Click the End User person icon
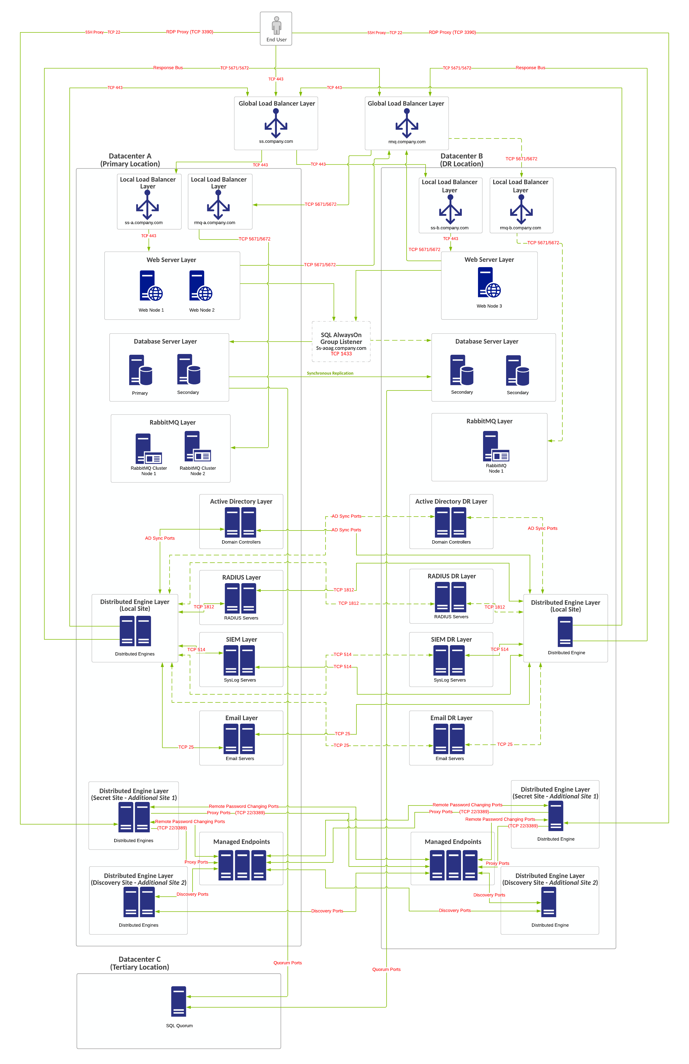point(276,26)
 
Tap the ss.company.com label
point(276,141)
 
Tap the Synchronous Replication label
point(330,373)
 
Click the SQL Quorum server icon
point(178,1001)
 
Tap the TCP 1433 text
point(341,354)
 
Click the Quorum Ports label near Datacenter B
point(386,969)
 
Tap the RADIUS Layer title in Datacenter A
point(241,578)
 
